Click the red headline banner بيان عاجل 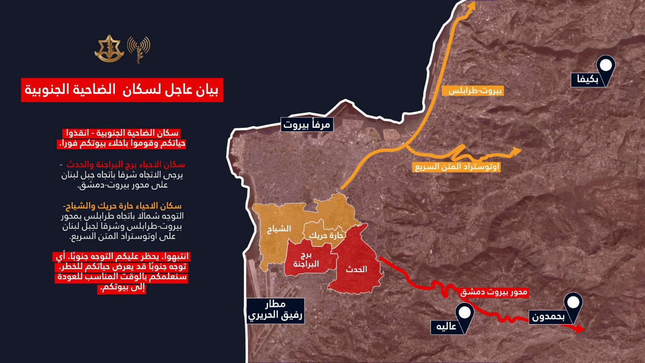[122, 90]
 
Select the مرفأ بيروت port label [307, 125]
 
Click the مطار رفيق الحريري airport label [275, 310]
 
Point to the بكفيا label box [587, 79]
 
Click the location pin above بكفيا [605, 66]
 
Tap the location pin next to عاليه [464, 314]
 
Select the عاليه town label [446, 326]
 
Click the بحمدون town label [548, 317]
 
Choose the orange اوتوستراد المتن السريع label [457, 167]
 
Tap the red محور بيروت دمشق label [494, 292]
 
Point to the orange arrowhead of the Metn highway [516, 152]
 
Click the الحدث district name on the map [357, 269]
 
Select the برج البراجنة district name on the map [306, 260]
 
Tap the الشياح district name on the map [279, 229]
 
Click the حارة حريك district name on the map [326, 235]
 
